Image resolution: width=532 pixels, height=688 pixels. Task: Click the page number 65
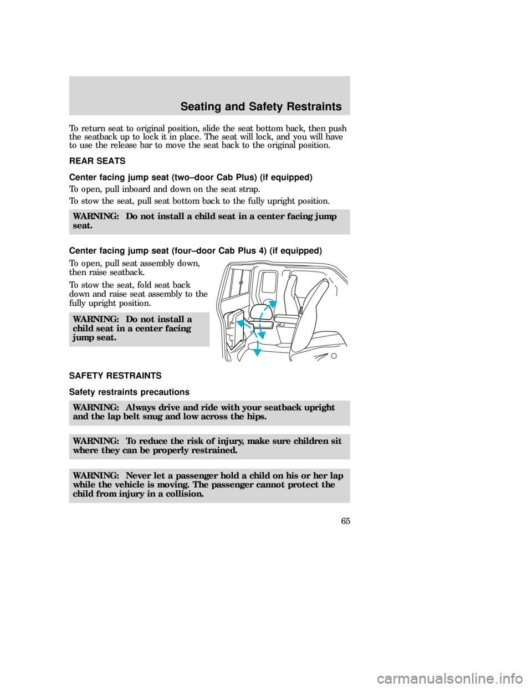(x=345, y=521)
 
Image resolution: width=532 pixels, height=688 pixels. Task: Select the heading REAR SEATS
(x=97, y=161)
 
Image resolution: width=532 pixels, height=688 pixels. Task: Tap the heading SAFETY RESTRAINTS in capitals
(x=115, y=376)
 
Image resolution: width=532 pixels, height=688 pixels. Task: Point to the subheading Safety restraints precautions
(x=129, y=392)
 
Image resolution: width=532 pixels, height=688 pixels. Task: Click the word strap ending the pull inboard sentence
(x=249, y=189)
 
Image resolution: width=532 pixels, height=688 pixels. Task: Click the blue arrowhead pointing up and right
(x=273, y=304)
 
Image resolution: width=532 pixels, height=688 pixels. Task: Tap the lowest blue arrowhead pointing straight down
(x=257, y=352)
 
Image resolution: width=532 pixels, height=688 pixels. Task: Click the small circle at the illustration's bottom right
(x=334, y=356)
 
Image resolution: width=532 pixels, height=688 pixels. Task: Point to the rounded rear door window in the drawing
(x=269, y=282)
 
